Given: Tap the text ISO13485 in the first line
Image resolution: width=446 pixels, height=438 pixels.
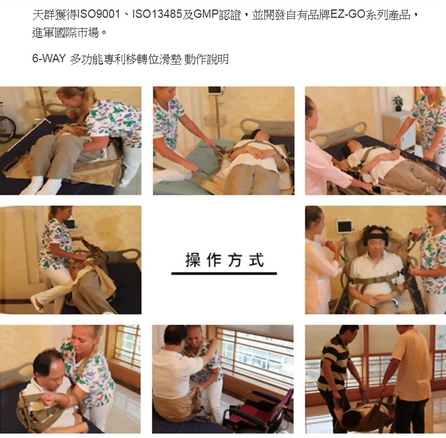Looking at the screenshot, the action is [157, 14].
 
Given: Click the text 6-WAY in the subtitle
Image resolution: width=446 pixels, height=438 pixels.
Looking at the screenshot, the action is [49, 58].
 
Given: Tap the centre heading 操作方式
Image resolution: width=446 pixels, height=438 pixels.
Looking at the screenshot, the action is [224, 259].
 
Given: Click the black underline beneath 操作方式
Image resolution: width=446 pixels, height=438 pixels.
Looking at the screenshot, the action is [224, 273].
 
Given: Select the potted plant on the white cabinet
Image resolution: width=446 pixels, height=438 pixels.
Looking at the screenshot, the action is [398, 103].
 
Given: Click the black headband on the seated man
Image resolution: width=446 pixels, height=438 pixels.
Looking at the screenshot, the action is [376, 236].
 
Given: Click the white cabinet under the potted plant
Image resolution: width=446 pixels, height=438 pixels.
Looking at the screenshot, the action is [397, 128].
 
